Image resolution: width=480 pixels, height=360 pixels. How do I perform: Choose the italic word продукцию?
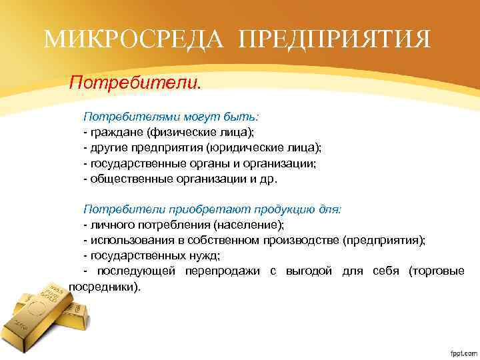click(x=268, y=209)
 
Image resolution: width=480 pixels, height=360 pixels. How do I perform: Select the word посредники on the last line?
click(x=103, y=287)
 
